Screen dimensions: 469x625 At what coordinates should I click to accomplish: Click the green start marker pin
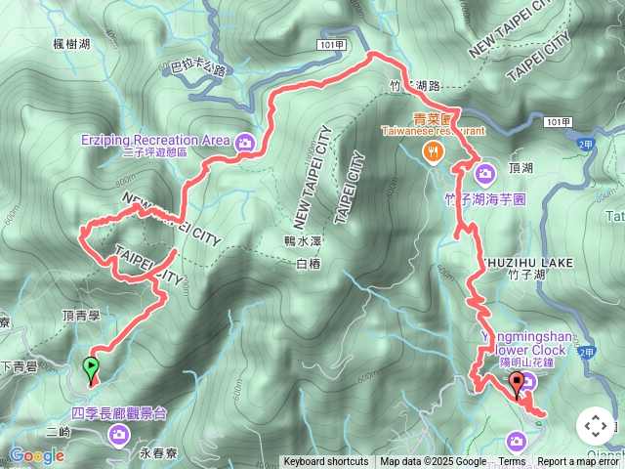tap(91, 368)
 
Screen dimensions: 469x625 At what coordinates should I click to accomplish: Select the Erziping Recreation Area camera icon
tap(244, 141)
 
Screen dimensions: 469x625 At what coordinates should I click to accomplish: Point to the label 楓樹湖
tap(72, 44)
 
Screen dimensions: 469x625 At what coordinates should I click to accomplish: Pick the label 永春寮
tap(156, 453)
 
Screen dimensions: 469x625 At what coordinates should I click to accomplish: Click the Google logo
tap(36, 455)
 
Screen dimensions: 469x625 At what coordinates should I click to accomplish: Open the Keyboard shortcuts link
tap(326, 462)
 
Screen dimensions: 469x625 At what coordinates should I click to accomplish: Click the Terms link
tap(512, 462)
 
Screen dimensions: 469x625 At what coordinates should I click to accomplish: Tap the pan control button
tap(595, 426)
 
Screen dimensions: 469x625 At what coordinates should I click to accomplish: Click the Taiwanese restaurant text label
tap(433, 130)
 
